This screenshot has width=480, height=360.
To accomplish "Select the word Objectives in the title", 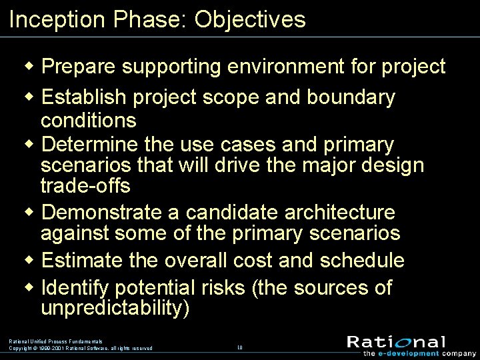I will pos(250,19).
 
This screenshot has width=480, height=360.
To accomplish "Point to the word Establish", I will pos(84,97).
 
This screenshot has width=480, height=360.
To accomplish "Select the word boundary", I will pos(351,97).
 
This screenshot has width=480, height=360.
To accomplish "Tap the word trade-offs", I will pos(85,184).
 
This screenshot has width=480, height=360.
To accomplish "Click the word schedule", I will pos(362,259).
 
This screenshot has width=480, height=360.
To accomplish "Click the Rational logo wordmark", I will pos(396,342).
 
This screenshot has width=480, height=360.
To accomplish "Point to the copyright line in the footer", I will pos(81,348).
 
